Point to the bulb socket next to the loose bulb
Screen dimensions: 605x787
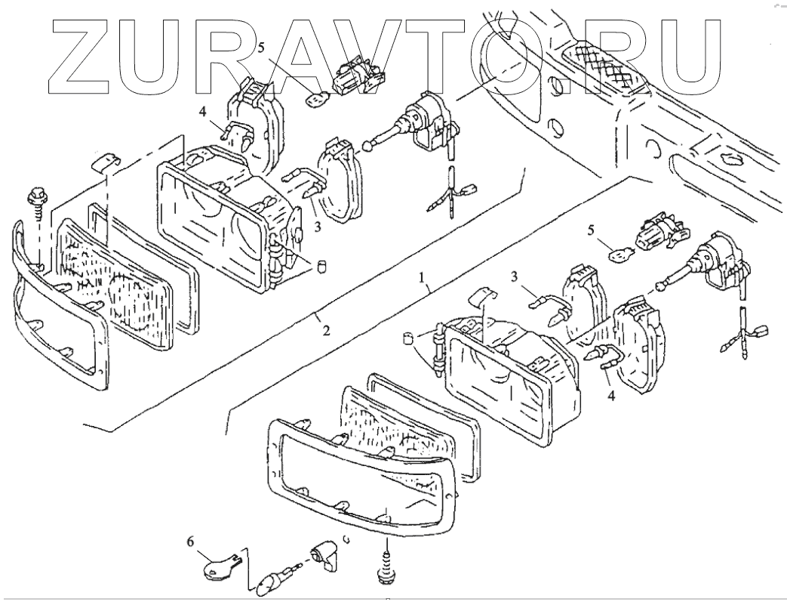(322, 556)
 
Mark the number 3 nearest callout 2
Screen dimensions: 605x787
(317, 225)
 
